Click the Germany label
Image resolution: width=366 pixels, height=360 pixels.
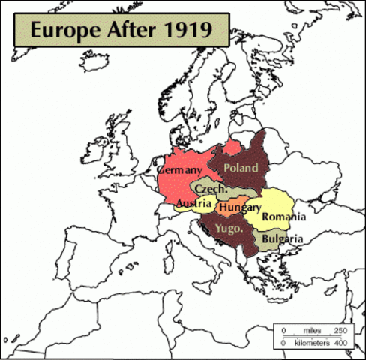[180, 171]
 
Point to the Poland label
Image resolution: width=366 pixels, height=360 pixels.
[241, 168]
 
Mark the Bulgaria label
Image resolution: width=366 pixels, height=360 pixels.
[282, 238]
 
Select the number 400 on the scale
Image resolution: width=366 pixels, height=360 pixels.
[340, 342]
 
